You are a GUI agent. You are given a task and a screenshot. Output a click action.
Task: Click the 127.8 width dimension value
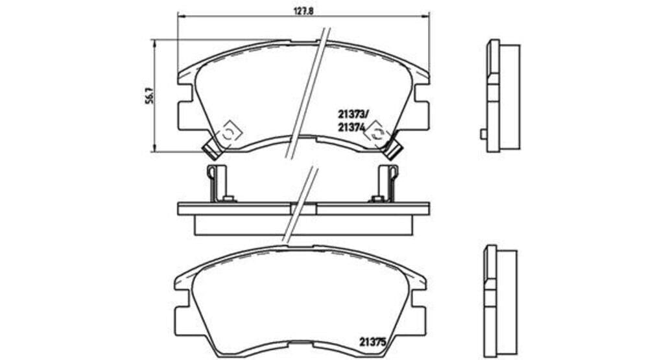[303, 12]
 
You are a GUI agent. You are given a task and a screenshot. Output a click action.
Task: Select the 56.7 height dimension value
[148, 97]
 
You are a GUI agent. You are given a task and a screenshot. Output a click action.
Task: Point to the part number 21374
[351, 126]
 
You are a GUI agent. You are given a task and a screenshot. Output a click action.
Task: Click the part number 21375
[373, 341]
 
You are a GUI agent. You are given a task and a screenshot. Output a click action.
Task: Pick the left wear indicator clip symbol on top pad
[228, 134]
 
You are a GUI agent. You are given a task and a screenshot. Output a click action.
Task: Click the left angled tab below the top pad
[212, 149]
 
